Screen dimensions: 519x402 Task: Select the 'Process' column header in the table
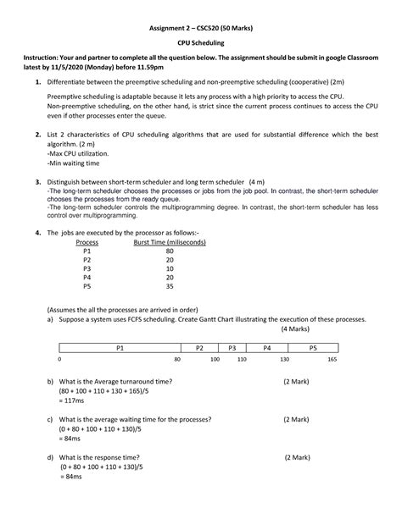87,242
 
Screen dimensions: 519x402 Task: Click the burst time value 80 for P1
170,252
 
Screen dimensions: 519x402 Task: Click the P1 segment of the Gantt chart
119,347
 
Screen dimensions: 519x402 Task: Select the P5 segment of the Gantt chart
312,347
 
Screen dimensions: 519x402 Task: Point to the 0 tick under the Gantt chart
59,361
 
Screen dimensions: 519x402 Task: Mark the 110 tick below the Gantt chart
242,361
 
